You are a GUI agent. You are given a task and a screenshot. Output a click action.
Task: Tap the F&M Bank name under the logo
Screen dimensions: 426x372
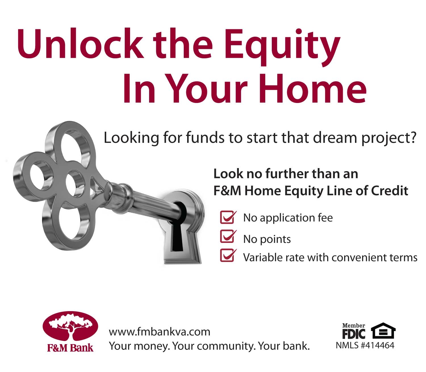tap(70, 348)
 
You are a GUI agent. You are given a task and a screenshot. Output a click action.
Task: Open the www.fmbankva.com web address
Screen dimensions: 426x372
tap(160, 332)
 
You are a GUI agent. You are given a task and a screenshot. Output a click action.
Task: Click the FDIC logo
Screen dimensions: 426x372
tap(354, 331)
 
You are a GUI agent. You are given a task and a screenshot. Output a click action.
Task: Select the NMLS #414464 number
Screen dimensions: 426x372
tap(365, 346)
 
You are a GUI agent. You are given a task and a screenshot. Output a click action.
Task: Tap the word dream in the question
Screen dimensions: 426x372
tap(335, 138)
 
